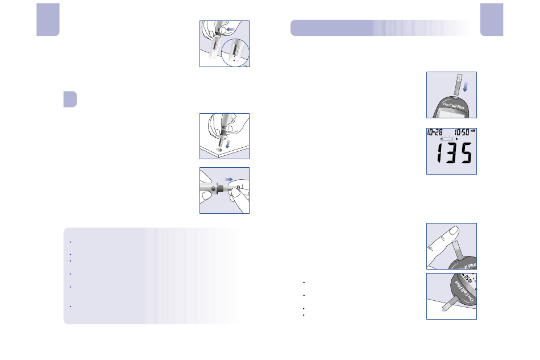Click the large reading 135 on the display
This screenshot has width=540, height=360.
(x=454, y=153)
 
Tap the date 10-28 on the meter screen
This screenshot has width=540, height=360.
(x=435, y=133)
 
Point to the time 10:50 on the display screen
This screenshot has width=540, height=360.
(x=462, y=133)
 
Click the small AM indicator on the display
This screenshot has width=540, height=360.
(x=473, y=131)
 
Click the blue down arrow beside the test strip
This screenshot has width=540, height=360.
(x=466, y=86)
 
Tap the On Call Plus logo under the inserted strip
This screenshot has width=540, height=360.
(x=454, y=105)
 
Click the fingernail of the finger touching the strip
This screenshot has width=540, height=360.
(x=455, y=231)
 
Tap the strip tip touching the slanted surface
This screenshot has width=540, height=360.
(x=443, y=311)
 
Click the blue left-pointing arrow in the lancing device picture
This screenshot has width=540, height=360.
(x=230, y=29)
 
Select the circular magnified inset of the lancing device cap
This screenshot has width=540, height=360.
(x=235, y=52)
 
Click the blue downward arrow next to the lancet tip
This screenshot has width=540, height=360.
(x=227, y=144)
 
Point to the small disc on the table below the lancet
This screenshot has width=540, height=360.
(x=219, y=150)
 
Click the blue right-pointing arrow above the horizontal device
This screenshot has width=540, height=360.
(x=229, y=179)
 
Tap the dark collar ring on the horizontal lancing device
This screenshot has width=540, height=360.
(x=220, y=189)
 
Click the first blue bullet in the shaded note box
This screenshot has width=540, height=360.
(x=70, y=242)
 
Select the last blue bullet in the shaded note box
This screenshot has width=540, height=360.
(x=70, y=307)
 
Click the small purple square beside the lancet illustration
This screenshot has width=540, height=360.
(x=70, y=99)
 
